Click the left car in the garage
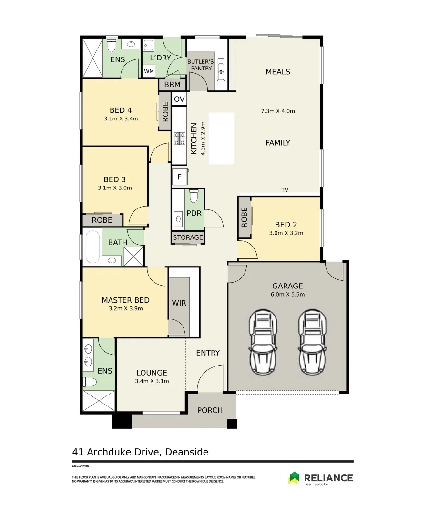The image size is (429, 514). [263, 341]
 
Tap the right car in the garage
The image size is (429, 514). [313, 341]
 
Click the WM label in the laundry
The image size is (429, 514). [149, 71]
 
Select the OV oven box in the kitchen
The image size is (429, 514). [179, 99]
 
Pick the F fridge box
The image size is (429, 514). [180, 177]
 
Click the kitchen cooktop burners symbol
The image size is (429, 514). [180, 138]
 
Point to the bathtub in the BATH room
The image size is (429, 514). [92, 247]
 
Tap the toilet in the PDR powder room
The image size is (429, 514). [194, 197]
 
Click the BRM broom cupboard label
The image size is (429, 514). [173, 85]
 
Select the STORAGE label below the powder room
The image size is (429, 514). [188, 237]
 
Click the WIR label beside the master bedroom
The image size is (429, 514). [179, 303]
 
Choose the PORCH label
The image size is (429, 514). [210, 410]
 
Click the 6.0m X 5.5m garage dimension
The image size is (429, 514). [287, 295]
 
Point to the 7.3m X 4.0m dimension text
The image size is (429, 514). [278, 111]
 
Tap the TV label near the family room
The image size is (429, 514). [285, 190]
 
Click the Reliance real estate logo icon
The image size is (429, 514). [294, 478]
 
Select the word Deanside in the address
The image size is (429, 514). [187, 452]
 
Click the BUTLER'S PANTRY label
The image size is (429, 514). [201, 65]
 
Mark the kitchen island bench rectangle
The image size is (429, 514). [221, 138]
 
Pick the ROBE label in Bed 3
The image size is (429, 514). [102, 220]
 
